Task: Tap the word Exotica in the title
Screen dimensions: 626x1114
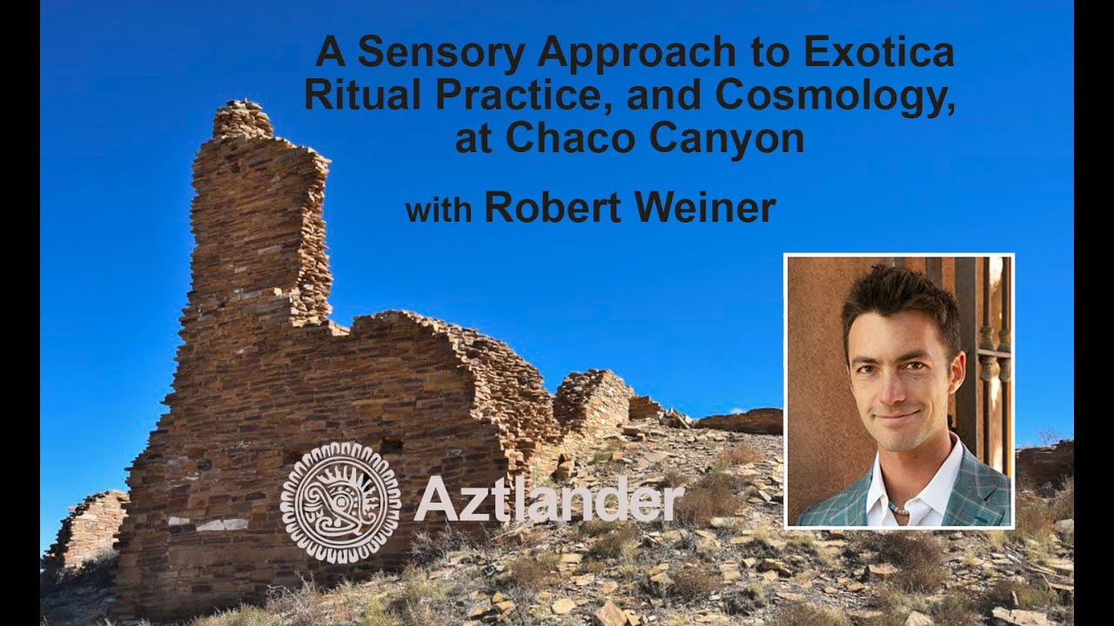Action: [879, 54]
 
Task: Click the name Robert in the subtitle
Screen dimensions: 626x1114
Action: [562, 209]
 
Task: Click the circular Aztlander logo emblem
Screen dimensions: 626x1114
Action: [340, 502]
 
